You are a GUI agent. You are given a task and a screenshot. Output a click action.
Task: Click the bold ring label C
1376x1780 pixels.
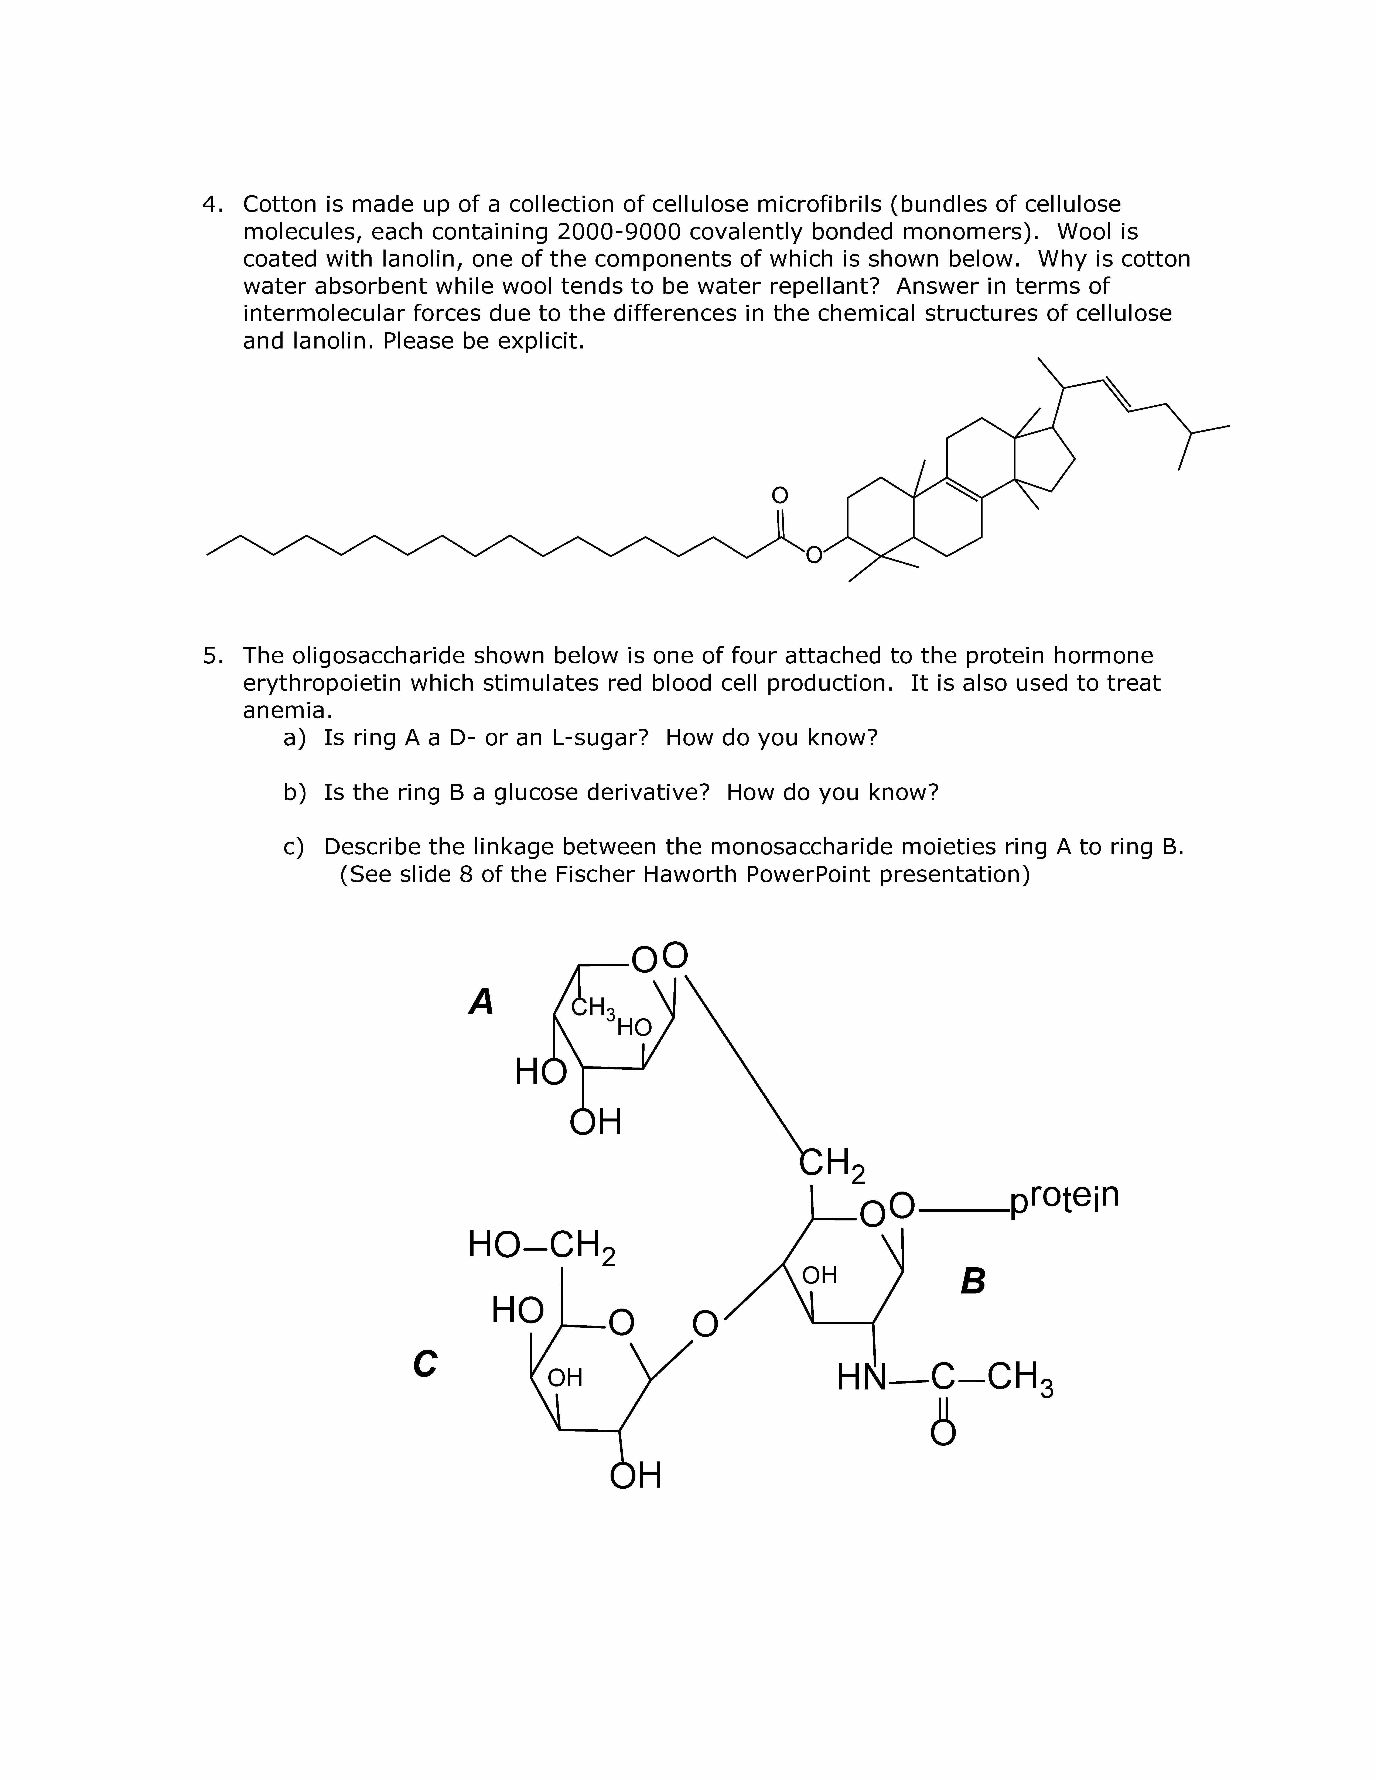click(425, 1364)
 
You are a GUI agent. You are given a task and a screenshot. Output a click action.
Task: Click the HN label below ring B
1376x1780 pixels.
click(861, 1378)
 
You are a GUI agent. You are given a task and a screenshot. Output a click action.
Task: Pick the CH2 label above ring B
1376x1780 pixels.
click(832, 1164)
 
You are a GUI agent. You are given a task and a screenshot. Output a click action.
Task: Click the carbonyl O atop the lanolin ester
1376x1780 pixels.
click(779, 495)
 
